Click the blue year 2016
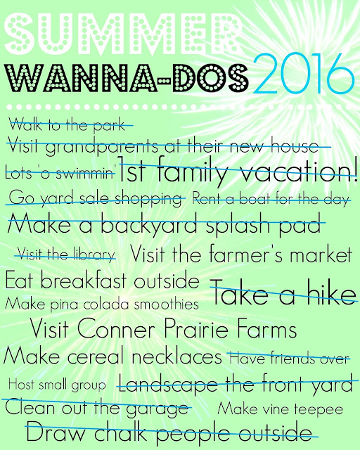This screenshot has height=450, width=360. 304,74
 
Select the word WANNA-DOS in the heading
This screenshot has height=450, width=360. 127,78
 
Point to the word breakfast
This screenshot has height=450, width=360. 83,280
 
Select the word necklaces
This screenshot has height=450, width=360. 176,356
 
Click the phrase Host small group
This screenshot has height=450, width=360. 57,385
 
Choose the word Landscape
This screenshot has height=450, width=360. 169,385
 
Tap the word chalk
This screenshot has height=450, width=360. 120,432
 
